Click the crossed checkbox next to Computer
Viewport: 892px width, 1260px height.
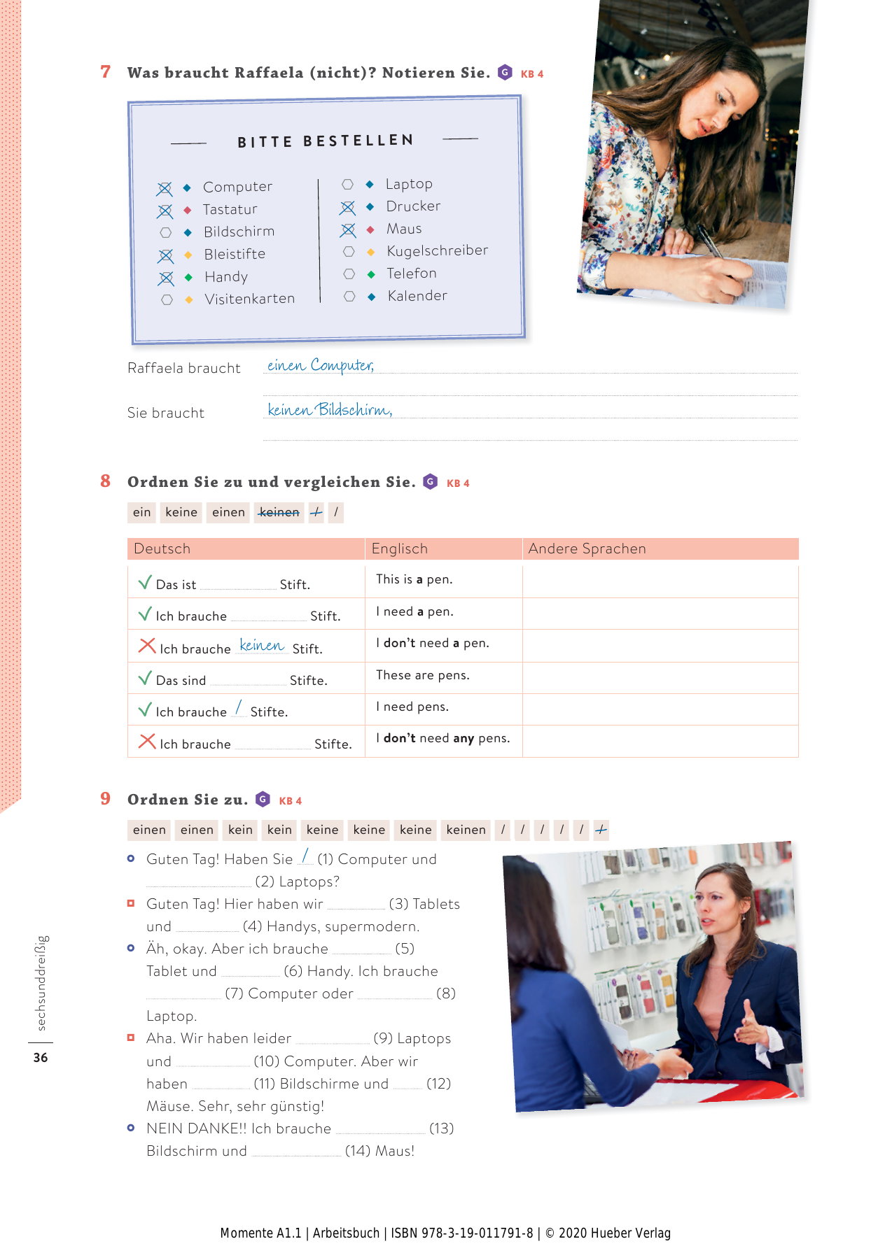click(165, 189)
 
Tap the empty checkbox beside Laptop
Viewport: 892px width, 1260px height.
click(347, 184)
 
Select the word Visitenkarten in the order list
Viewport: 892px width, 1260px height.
click(249, 299)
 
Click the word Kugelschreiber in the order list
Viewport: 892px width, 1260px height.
click(437, 250)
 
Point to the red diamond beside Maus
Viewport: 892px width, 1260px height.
click(370, 229)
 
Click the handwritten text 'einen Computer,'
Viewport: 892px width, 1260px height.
click(320, 365)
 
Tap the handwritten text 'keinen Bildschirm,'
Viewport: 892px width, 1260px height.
click(329, 410)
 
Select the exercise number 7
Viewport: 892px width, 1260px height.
click(106, 72)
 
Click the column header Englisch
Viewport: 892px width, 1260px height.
click(399, 548)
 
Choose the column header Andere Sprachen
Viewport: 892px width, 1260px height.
click(587, 548)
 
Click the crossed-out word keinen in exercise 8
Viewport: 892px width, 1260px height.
click(279, 512)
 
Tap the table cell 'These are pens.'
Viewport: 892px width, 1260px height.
click(422, 675)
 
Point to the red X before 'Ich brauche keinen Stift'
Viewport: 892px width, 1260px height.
click(147, 645)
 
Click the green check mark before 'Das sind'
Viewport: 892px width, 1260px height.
click(145, 678)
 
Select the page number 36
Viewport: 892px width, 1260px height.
click(41, 1057)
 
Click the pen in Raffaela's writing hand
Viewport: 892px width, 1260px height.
click(709, 242)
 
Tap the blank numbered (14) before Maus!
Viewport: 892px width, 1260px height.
click(297, 1151)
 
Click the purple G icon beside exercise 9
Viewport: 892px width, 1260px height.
click(263, 799)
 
